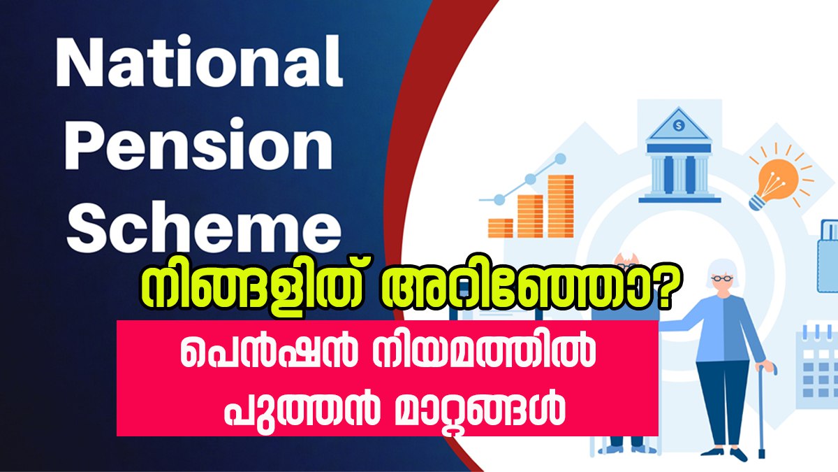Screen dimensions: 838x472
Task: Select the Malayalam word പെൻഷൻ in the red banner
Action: [268, 352]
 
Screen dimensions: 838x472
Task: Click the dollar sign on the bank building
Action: [678, 125]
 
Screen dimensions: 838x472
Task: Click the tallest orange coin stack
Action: [560, 206]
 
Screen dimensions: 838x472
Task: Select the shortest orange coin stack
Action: [501, 228]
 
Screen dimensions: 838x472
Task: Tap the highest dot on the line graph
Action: [560, 159]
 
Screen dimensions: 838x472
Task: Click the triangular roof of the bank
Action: [678, 124]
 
